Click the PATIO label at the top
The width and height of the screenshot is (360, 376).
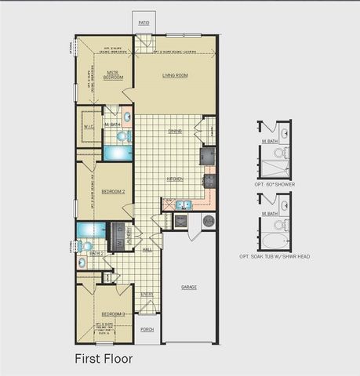tap(144, 23)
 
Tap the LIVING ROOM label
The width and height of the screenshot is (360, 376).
tap(175, 76)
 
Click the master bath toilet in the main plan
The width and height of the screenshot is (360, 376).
tap(122, 136)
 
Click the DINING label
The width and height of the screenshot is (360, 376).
tap(175, 131)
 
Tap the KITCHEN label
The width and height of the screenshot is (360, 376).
tap(175, 179)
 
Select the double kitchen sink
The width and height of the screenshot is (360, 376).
tap(182, 206)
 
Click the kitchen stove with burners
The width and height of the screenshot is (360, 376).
tap(209, 182)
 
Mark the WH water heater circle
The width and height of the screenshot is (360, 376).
tap(209, 222)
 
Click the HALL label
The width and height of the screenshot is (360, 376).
tap(147, 250)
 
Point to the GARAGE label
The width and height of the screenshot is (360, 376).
tap(189, 287)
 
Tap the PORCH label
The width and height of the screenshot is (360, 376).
tap(146, 330)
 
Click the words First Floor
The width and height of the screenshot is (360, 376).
tap(104, 359)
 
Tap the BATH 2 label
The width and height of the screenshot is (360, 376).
tap(96, 254)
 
